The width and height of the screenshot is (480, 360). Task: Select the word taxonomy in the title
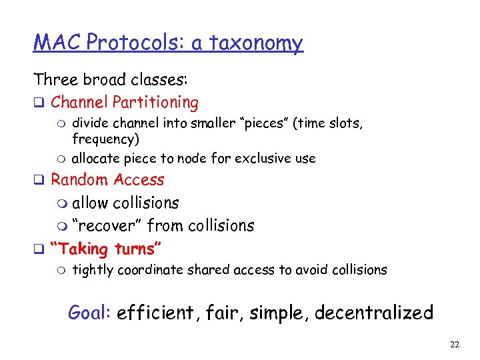[x=257, y=44]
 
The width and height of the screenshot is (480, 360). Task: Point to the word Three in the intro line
[x=56, y=80]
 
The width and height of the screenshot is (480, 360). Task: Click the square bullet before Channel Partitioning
[x=39, y=103]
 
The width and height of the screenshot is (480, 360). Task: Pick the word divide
[x=89, y=123]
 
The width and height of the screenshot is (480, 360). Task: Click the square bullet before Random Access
[x=39, y=180]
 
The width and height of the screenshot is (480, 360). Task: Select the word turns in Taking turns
[x=139, y=249]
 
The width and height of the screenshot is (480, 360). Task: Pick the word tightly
[x=91, y=270]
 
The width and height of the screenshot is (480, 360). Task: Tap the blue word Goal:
[x=89, y=312]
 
